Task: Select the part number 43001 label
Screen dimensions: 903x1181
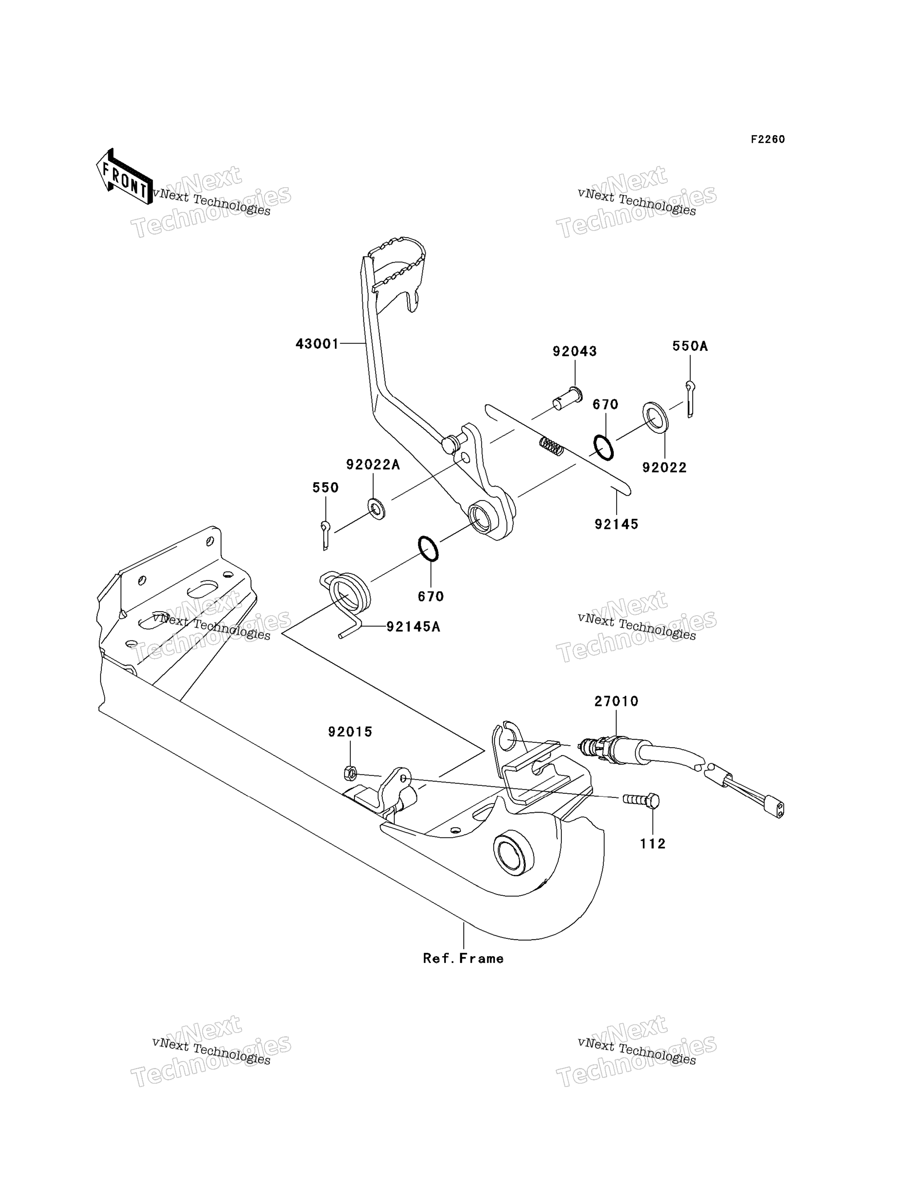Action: [x=317, y=344]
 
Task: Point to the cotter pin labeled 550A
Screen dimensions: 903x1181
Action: [x=690, y=398]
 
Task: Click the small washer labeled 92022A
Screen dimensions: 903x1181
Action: [x=376, y=508]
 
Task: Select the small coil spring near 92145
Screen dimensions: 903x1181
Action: [x=552, y=446]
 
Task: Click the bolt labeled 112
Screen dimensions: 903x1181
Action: [x=641, y=800]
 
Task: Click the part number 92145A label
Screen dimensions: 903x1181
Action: [x=413, y=627]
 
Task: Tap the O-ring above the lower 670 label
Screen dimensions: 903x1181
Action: [x=428, y=548]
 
